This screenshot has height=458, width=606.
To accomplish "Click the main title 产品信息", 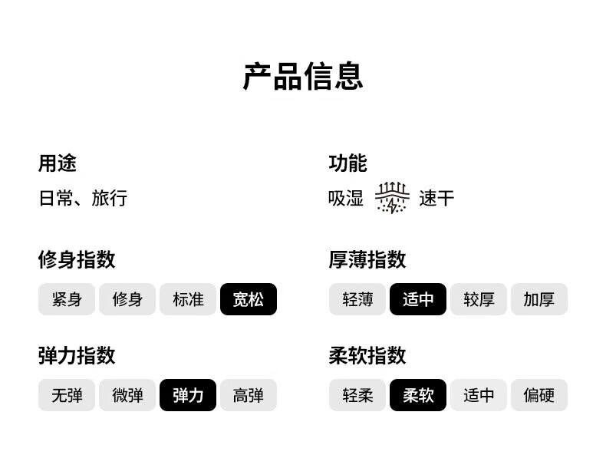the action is tap(303, 76).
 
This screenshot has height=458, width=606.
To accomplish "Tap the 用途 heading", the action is tap(58, 163).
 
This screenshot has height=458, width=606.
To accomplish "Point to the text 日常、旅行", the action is tap(83, 198).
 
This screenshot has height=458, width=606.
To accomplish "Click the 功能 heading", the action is tap(347, 163).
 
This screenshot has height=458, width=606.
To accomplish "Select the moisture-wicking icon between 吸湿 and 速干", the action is tap(392, 197).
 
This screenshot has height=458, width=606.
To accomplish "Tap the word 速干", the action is tap(436, 198).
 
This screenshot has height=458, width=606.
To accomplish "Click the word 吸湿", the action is tap(346, 198).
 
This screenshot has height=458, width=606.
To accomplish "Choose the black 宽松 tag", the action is tap(249, 299).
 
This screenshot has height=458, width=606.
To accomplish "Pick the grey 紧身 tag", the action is tap(67, 299).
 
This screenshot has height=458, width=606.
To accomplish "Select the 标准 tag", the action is tap(188, 299).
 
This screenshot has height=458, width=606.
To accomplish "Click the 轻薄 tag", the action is tap(357, 299).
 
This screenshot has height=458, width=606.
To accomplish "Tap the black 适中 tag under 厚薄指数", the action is tap(418, 299).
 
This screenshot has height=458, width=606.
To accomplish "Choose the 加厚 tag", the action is tap(539, 299).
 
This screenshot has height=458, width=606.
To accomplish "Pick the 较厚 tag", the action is tap(479, 299).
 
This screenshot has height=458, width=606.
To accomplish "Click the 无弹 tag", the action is tap(67, 395).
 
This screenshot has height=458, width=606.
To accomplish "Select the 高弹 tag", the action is tap(249, 395).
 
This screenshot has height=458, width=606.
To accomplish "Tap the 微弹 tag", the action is tap(127, 395).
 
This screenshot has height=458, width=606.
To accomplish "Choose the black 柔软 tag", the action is tap(418, 395).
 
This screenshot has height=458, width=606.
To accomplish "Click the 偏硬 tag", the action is tap(539, 395).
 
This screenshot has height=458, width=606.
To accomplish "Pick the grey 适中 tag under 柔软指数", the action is tap(479, 395).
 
